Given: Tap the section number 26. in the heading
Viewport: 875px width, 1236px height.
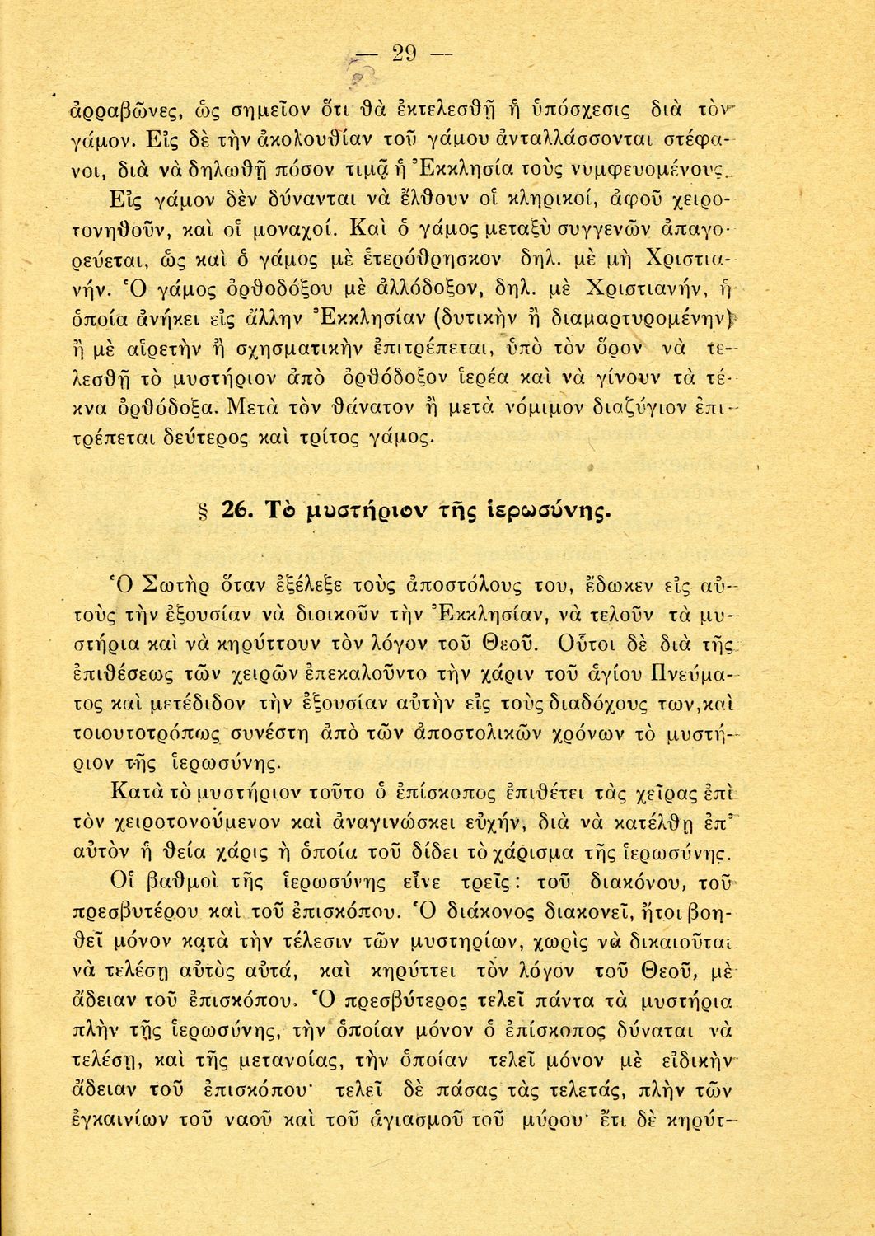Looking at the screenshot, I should [x=238, y=512].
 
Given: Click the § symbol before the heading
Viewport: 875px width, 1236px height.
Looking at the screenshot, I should [x=202, y=513].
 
